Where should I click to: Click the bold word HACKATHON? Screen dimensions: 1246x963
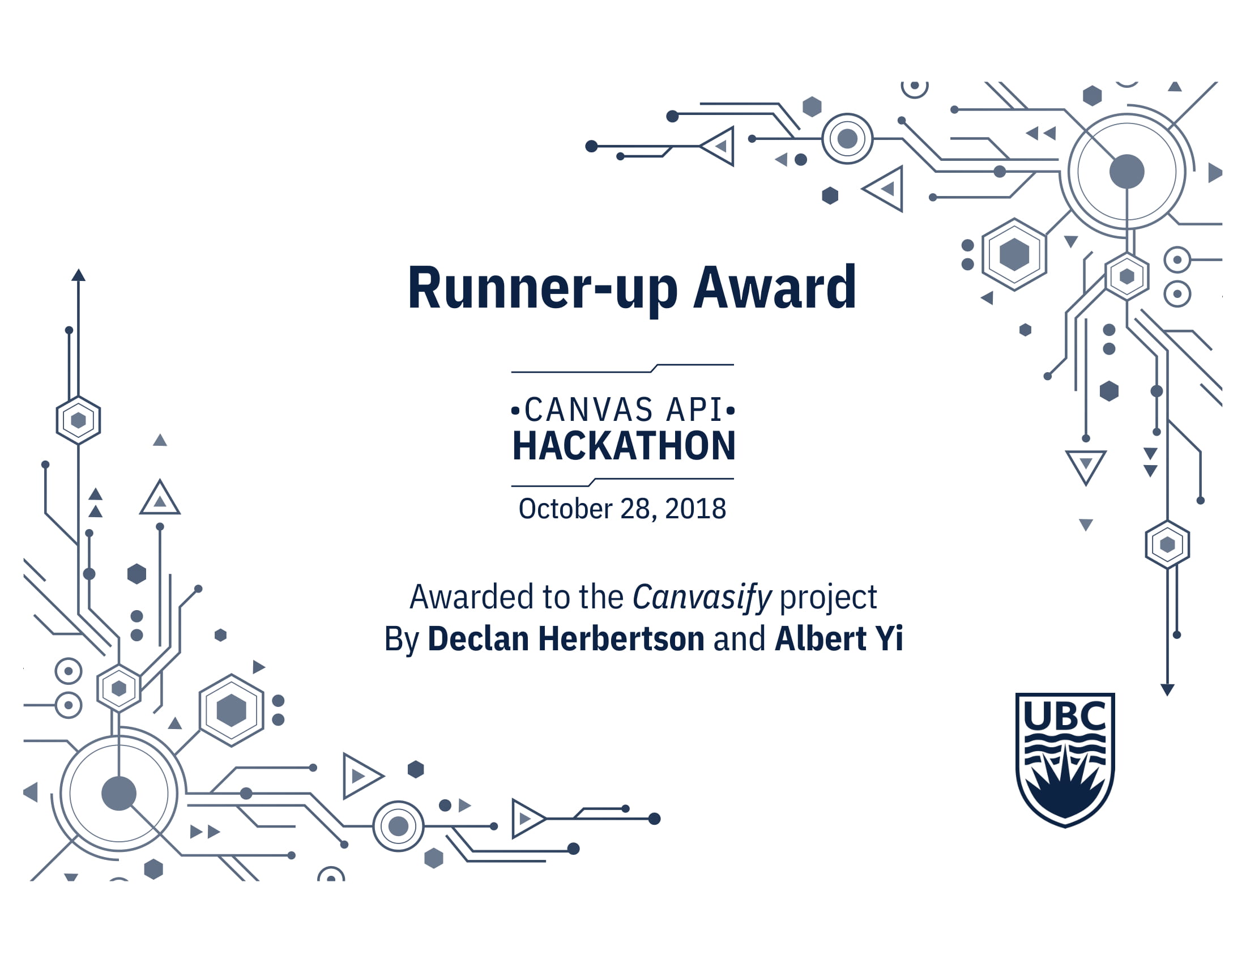click(x=624, y=446)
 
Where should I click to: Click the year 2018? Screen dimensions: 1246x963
click(x=695, y=508)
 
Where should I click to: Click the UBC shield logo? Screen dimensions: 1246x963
click(x=1065, y=760)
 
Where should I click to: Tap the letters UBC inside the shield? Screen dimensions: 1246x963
click(x=1065, y=715)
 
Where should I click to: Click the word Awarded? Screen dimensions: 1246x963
click(x=472, y=596)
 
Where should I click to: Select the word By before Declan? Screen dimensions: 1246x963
click(x=402, y=640)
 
